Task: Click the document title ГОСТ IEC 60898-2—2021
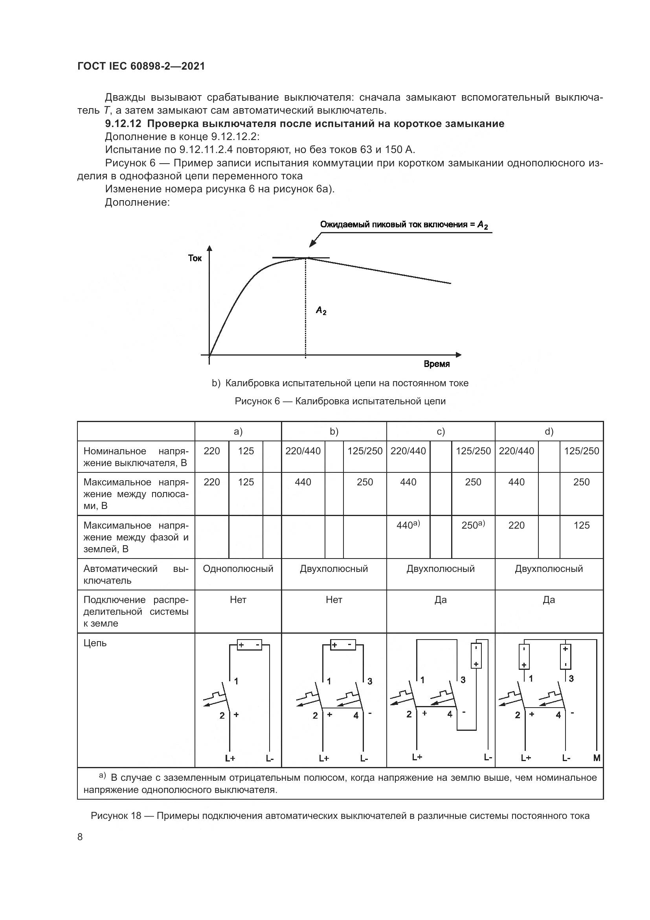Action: pos(141,66)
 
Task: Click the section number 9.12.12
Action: pos(123,124)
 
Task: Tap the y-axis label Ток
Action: pos(195,258)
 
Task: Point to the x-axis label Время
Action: pos(437,364)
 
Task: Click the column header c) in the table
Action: pos(441,431)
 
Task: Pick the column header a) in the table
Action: pos(238,431)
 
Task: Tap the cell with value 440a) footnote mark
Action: pos(408,525)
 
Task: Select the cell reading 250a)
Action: pos(473,525)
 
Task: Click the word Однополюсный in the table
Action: pos(238,569)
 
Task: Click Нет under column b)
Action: pos(334,600)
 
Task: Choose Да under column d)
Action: pos(549,600)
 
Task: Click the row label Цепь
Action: pos(95,643)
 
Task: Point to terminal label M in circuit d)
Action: pos(597,758)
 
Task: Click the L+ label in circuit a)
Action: pos(230,758)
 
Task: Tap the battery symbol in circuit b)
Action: pos(343,645)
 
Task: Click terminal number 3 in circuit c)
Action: pos(463,680)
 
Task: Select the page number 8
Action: pos(80,837)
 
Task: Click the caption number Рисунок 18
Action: pos(116,816)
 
